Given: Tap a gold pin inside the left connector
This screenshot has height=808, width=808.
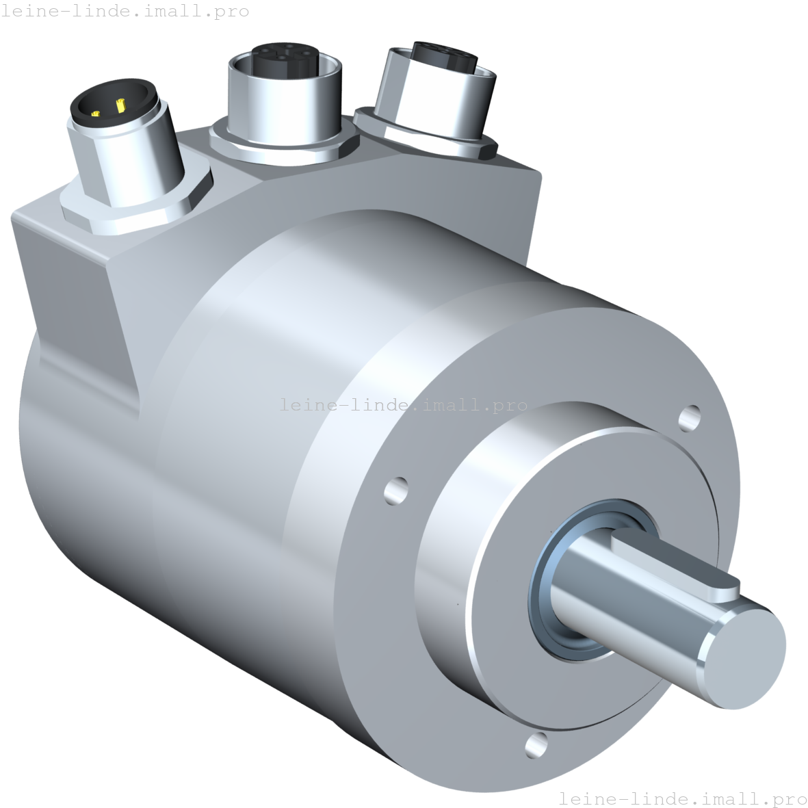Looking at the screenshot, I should tap(120, 106).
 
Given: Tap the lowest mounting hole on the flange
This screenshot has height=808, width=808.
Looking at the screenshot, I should tap(536, 744).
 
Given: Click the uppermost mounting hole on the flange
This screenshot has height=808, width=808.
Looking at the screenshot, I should tap(690, 416).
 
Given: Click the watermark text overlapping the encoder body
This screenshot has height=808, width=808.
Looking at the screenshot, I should tap(404, 405).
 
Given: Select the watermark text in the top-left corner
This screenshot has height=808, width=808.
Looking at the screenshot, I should tap(125, 12).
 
